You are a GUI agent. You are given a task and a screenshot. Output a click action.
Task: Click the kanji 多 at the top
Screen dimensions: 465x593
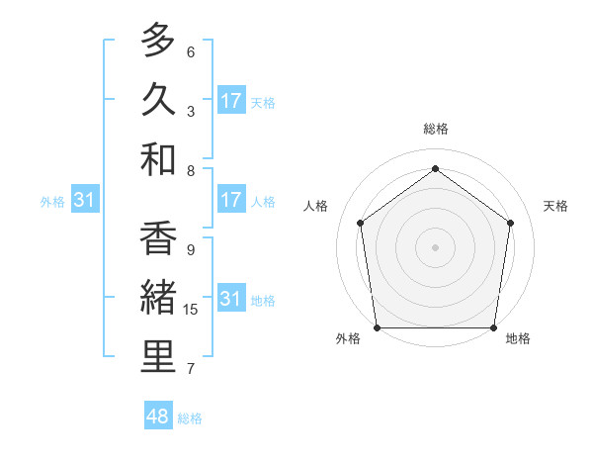coord(158,41)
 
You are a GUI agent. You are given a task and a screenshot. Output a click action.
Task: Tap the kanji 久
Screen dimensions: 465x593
coord(158,100)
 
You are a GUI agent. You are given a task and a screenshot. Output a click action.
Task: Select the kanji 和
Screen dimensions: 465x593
coord(158,159)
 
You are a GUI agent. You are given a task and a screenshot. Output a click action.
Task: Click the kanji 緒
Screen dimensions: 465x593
coord(158,298)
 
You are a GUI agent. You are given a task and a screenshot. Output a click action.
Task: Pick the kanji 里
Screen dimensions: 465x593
coord(158,357)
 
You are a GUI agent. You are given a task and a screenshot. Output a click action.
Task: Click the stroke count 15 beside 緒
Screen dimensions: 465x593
coord(191,310)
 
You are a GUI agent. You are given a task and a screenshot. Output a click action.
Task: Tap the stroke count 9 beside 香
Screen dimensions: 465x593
coord(190,250)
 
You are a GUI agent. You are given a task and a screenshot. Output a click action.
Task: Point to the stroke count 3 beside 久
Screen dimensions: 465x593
coord(190,112)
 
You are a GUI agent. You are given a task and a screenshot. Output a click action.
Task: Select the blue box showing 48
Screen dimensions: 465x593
coord(158,417)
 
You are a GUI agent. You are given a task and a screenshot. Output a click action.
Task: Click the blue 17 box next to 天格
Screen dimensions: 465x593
coord(231,101)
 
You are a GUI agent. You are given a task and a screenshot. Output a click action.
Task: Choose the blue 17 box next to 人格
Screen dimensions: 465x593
coord(231,200)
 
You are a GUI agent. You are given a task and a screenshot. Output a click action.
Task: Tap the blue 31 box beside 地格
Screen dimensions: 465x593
coord(231,299)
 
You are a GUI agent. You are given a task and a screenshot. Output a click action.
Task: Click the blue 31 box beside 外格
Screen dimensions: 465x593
coord(85,200)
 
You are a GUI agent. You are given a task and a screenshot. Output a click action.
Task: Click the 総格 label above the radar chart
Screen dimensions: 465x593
coord(436,129)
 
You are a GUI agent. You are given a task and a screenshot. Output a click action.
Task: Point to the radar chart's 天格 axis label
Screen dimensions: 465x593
coord(556,206)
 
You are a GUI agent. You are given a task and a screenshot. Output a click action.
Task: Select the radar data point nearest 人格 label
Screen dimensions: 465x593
coord(360,223)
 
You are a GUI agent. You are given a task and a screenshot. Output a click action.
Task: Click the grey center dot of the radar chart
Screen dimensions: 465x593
coord(436,246)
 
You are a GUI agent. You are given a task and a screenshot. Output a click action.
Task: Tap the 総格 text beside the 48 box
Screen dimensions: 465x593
coord(190,418)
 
